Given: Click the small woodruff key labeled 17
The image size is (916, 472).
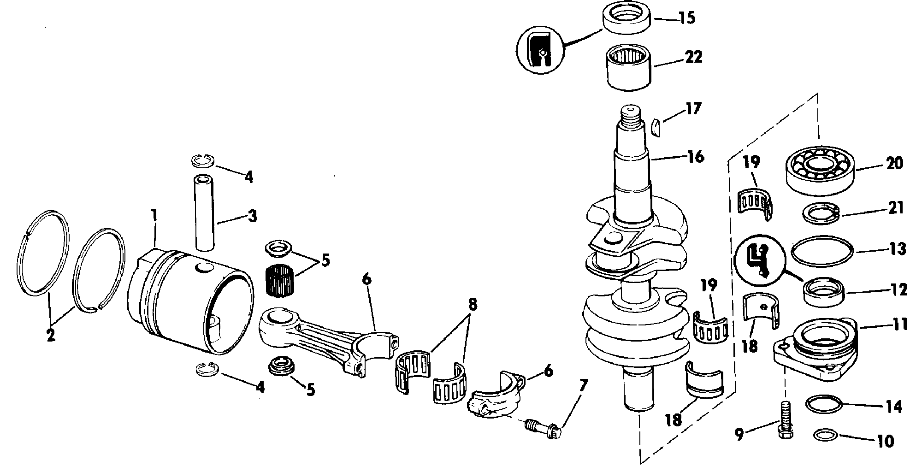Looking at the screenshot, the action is coord(656,127).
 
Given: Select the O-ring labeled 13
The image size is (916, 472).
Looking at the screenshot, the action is coord(822,252).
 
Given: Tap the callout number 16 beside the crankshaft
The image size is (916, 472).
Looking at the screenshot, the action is coord(695,157).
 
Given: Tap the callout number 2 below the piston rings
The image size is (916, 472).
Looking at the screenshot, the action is coord(51,334).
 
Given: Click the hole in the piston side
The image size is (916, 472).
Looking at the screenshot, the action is coord(203,268).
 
